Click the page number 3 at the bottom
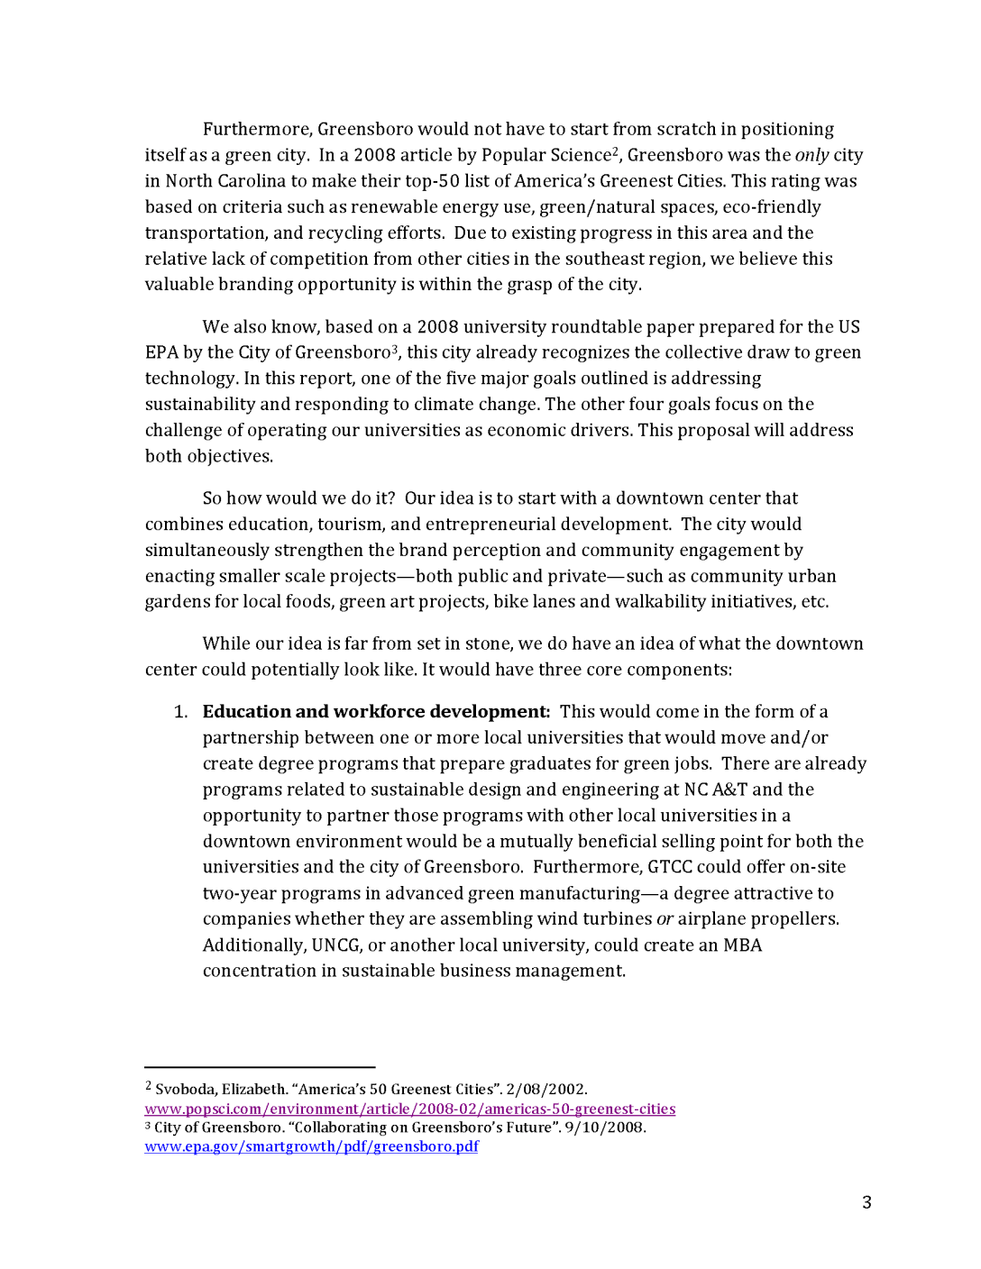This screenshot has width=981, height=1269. pyautogui.click(x=866, y=1202)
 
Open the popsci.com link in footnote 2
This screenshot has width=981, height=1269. pyautogui.click(x=409, y=1109)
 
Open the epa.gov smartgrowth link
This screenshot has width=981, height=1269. pyautogui.click(x=311, y=1146)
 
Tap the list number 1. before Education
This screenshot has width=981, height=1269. pyautogui.click(x=180, y=712)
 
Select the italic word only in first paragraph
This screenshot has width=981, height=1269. pyautogui.click(x=811, y=155)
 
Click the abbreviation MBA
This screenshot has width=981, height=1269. pyautogui.click(x=742, y=945)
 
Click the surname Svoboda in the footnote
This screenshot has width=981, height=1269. pyautogui.click(x=185, y=1090)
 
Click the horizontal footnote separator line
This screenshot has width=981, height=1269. pyautogui.click(x=260, y=1067)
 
